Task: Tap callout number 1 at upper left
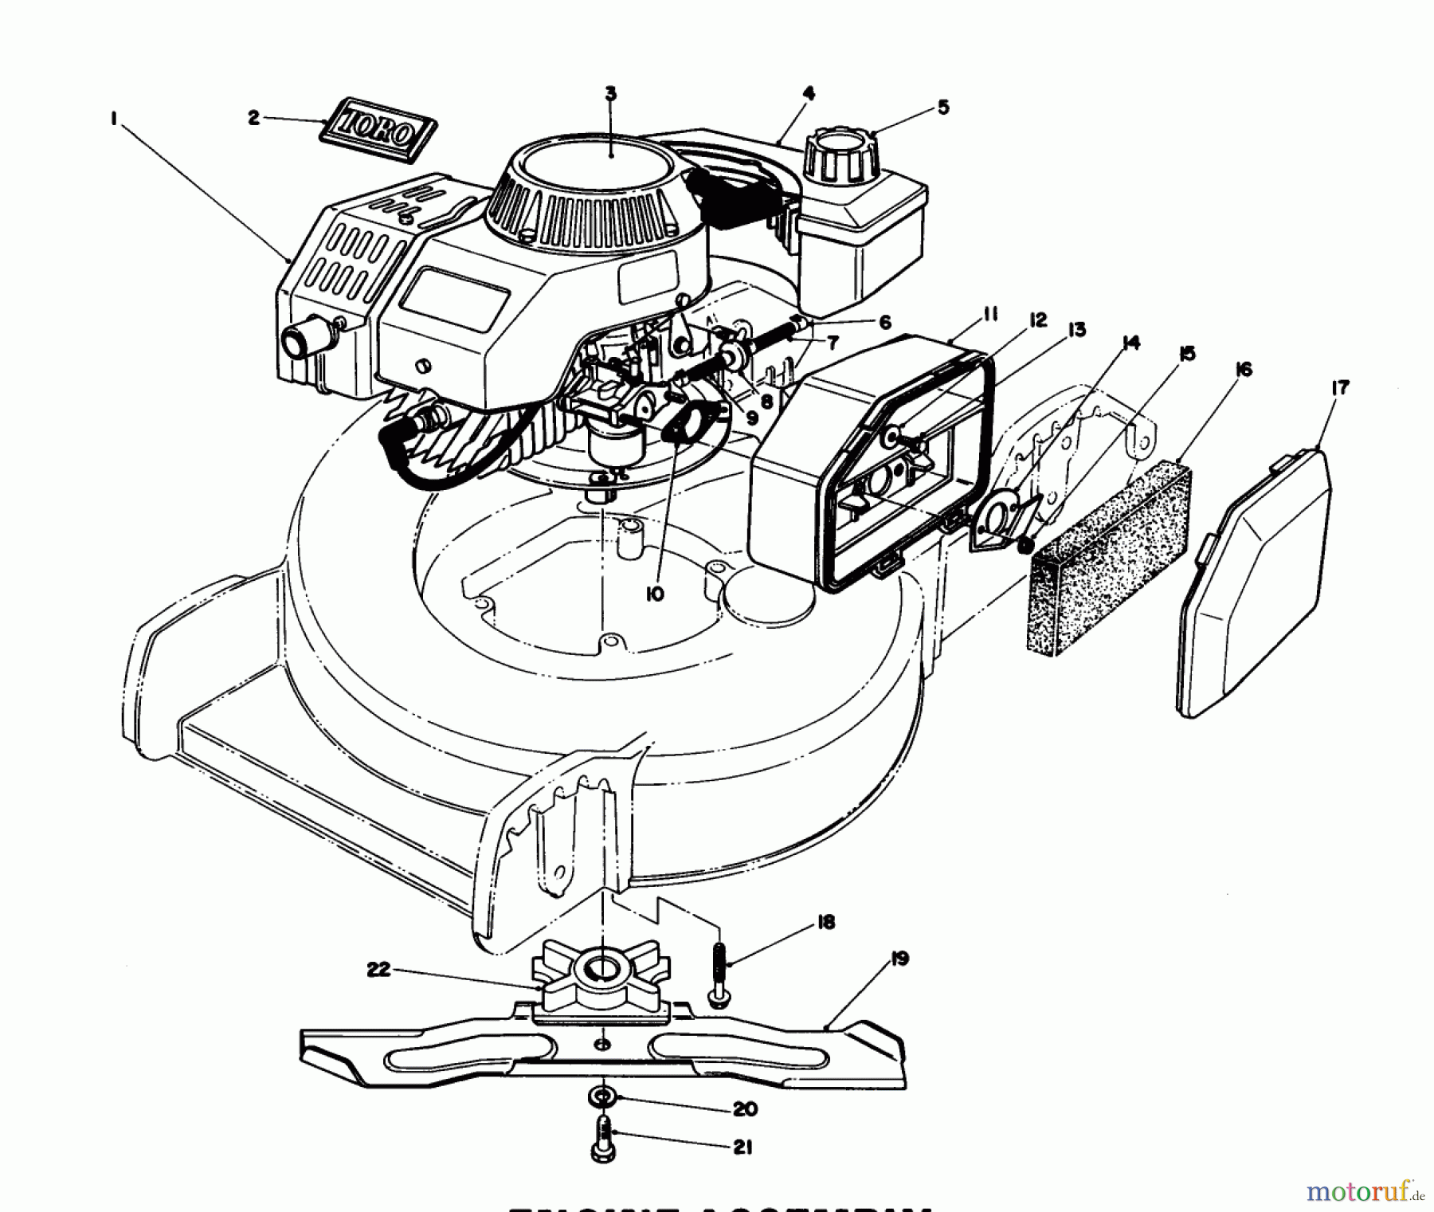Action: pos(115,119)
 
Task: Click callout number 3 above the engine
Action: pos(610,94)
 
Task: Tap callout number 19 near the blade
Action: pos(899,959)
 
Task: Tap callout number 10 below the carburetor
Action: pos(655,594)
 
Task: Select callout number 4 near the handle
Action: pos(809,94)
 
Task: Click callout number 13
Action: pos(1077,329)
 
